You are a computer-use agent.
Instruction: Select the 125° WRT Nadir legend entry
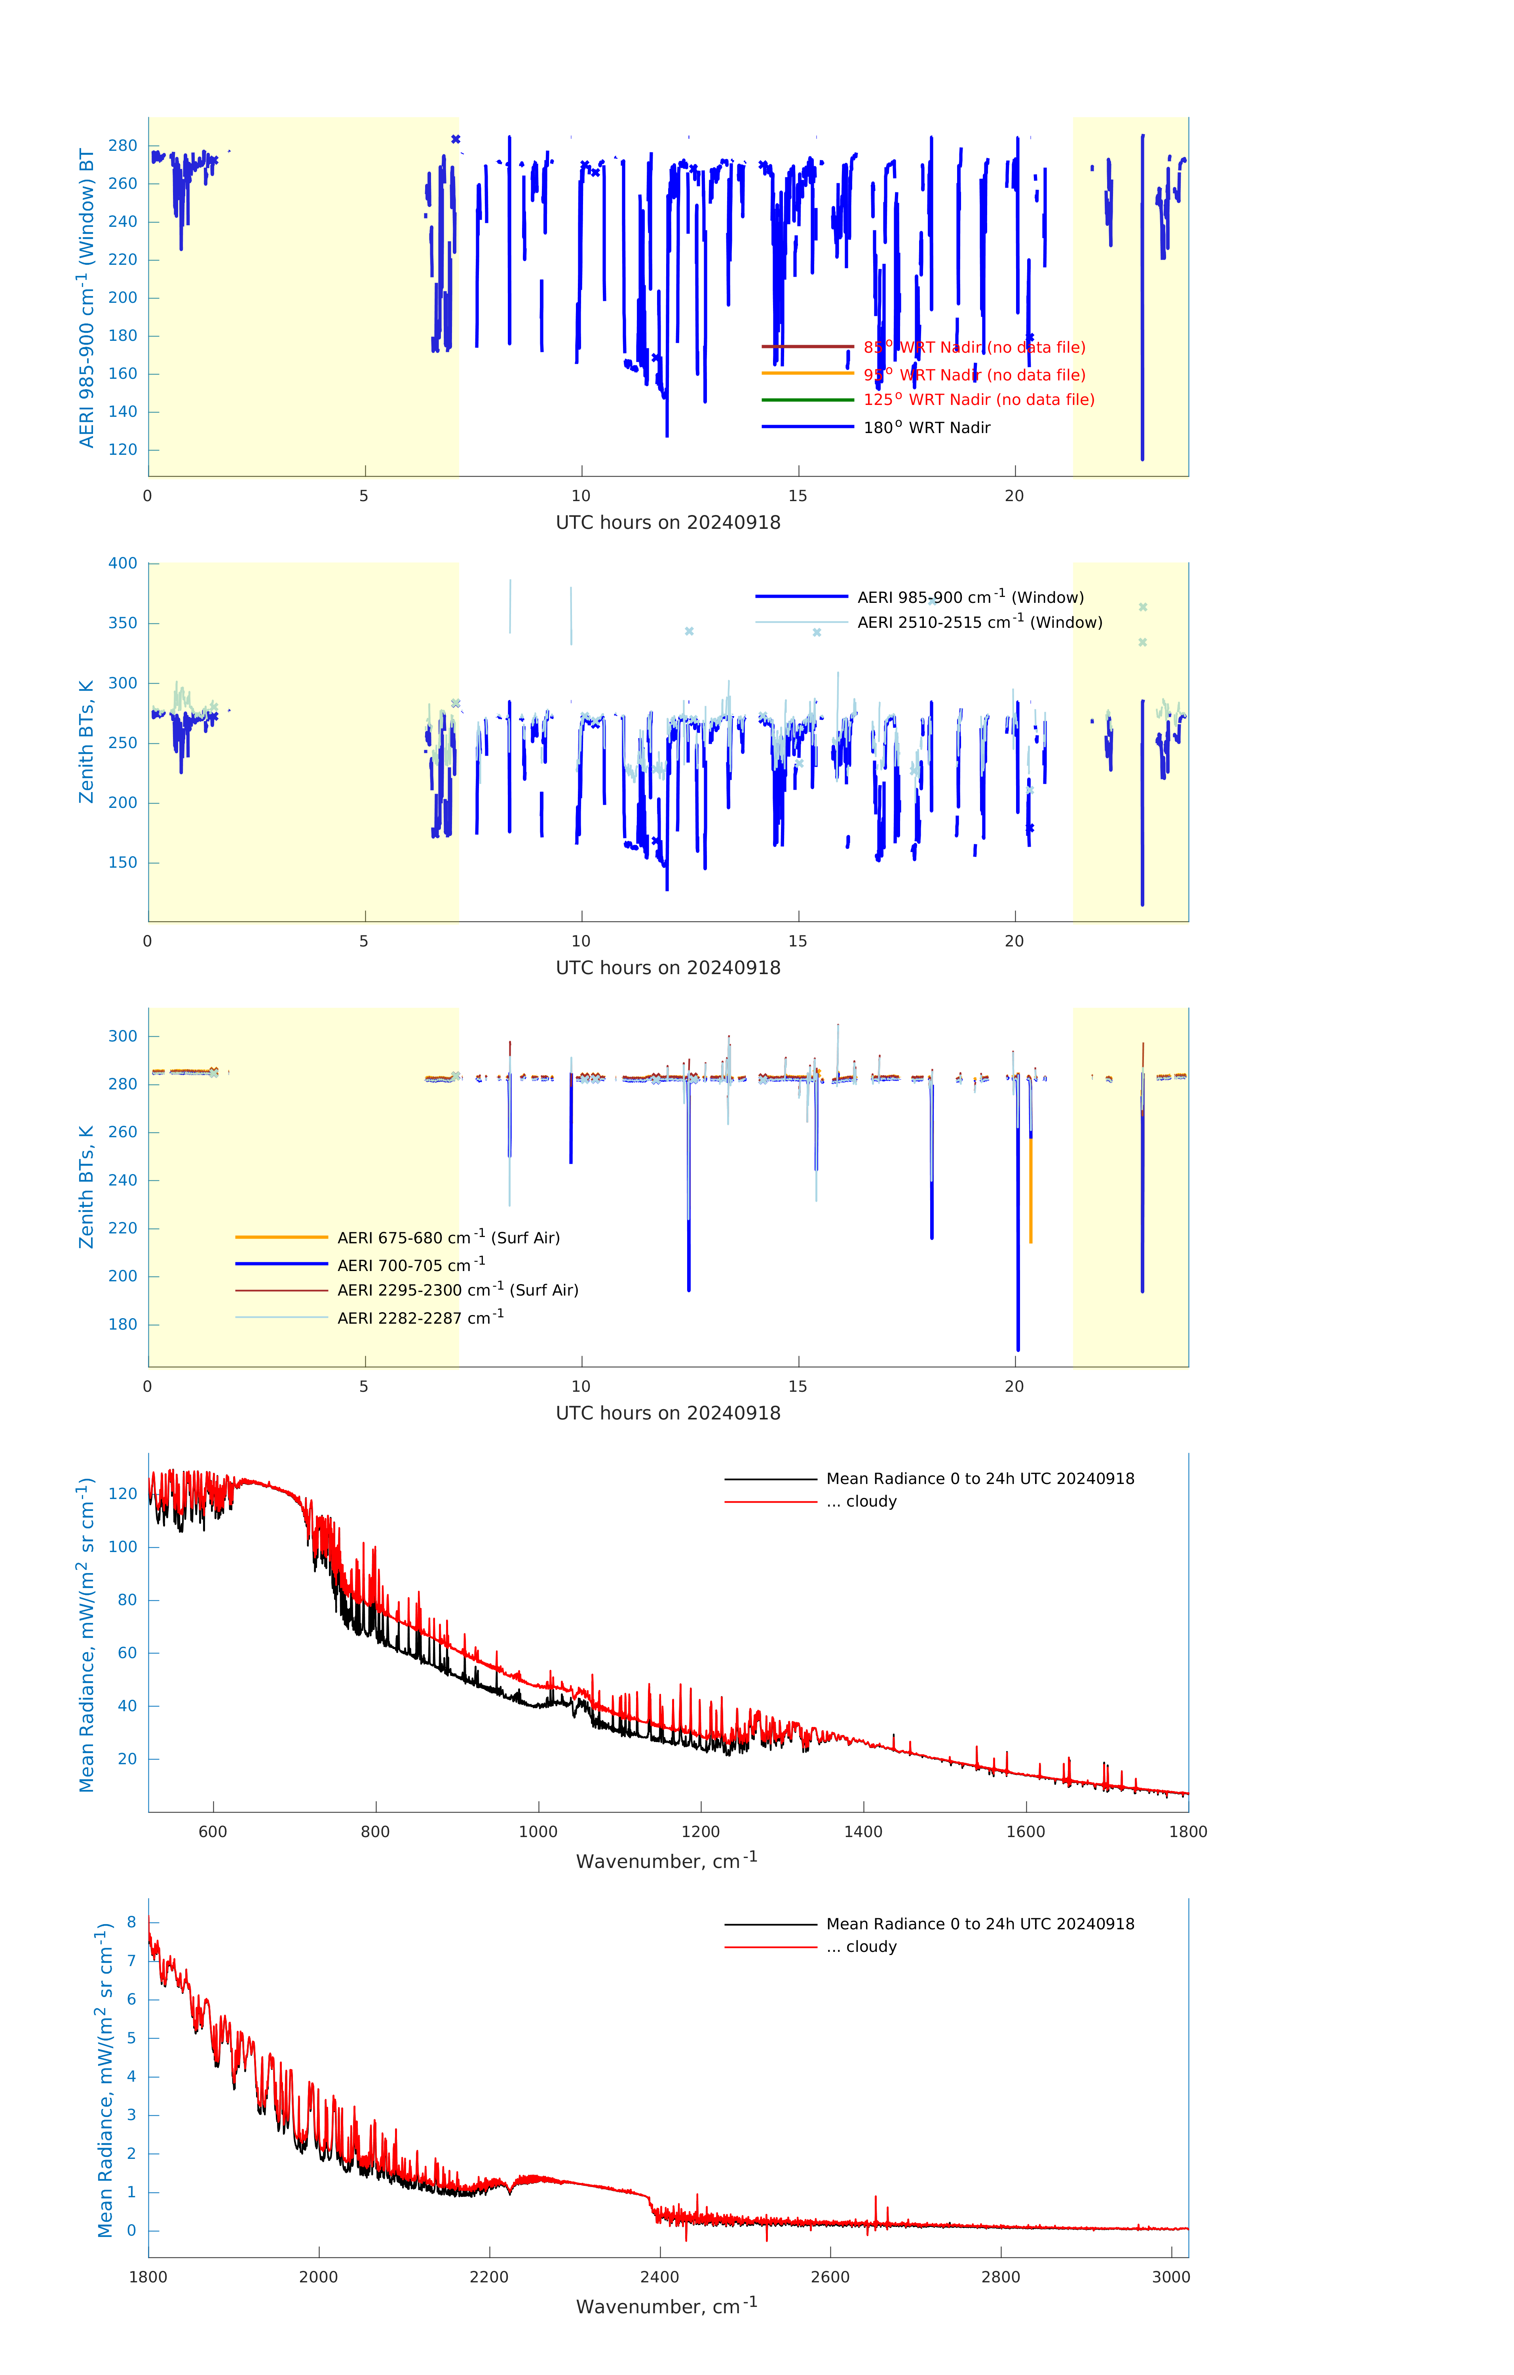coord(978,399)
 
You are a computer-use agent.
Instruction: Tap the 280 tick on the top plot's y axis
coord(123,146)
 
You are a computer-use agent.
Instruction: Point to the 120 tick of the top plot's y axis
coord(123,450)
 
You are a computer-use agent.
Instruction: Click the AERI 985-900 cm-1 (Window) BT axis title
coord(87,298)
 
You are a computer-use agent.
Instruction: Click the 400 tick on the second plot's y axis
coord(123,563)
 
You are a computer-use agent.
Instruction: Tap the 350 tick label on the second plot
coord(123,623)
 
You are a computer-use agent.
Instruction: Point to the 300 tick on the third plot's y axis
coord(123,1037)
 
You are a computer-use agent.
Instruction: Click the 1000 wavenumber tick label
coord(538,1832)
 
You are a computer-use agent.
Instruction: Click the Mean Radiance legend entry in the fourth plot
coord(979,1478)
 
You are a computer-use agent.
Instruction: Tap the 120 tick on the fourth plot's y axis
coord(123,1493)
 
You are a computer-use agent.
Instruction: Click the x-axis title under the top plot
coord(668,523)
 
